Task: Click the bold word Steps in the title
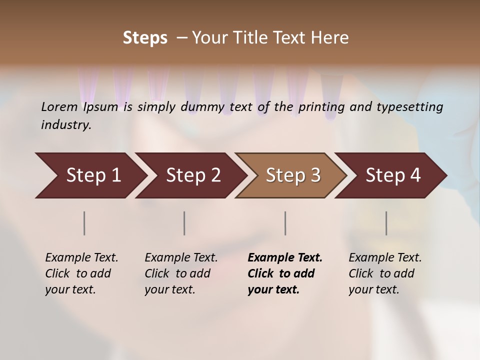click(145, 37)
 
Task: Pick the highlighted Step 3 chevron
click(292, 175)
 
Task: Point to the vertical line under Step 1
click(84, 223)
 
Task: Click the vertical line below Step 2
click(184, 223)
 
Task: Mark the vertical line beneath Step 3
click(285, 223)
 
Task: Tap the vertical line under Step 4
click(386, 223)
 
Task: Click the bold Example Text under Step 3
click(285, 273)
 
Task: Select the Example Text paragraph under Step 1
click(81, 273)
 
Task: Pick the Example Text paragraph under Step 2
click(181, 273)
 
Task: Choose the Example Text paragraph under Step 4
click(385, 273)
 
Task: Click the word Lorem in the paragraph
click(59, 107)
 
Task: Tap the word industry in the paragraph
click(65, 124)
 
